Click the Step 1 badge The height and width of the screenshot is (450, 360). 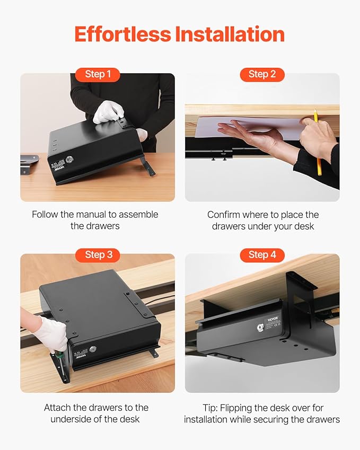(98, 74)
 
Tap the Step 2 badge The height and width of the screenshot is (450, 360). (262, 74)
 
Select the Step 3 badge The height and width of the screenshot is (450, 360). (98, 255)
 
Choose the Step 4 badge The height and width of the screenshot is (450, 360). (262, 255)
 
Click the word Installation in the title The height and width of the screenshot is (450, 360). (230, 34)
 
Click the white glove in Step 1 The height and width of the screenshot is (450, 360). (108, 112)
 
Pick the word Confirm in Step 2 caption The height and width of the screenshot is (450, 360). (224, 215)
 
